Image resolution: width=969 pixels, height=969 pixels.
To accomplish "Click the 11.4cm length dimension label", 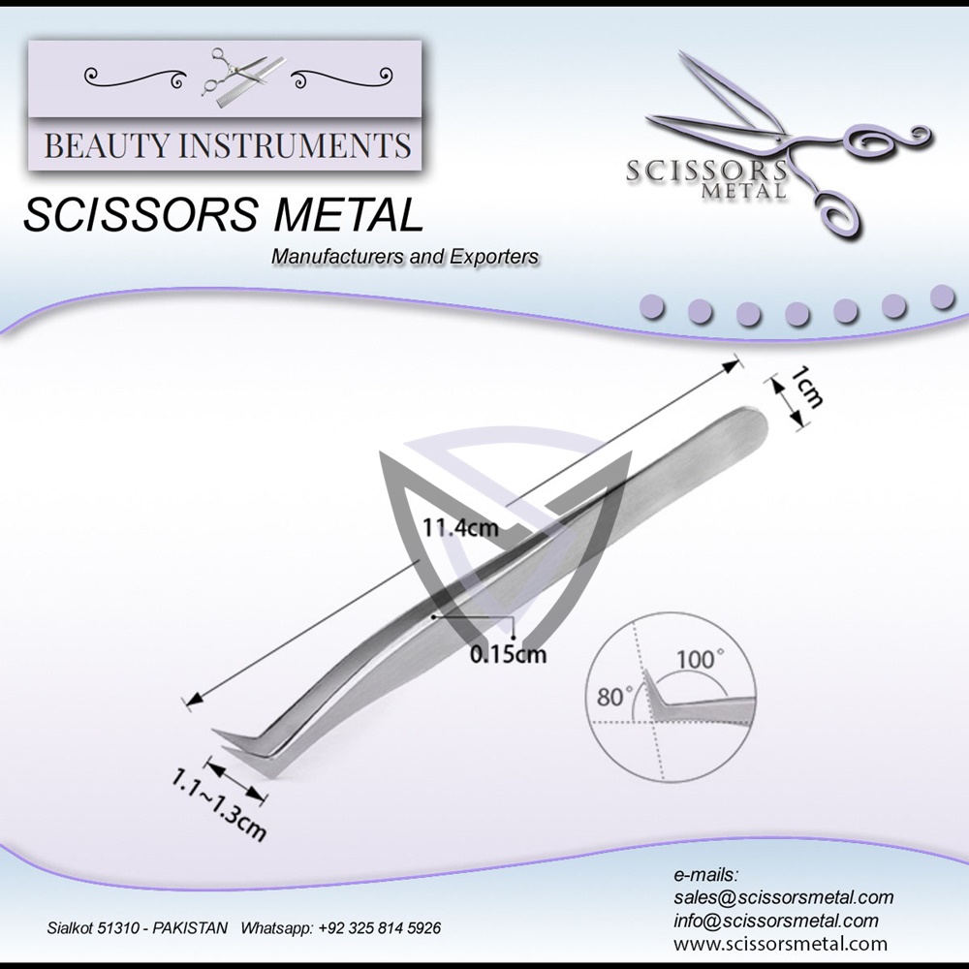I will pyautogui.click(x=460, y=528).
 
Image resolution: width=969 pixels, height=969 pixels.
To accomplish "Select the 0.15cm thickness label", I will pyautogui.click(x=507, y=654).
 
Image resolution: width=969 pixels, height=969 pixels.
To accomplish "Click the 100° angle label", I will pyautogui.click(x=699, y=660).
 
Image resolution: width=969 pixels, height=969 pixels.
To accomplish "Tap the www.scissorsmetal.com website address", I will pyautogui.click(x=780, y=944).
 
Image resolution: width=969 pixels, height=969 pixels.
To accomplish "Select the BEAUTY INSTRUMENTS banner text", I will pyautogui.click(x=228, y=146).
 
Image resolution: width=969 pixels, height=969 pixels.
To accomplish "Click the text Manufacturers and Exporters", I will pyautogui.click(x=405, y=257).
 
